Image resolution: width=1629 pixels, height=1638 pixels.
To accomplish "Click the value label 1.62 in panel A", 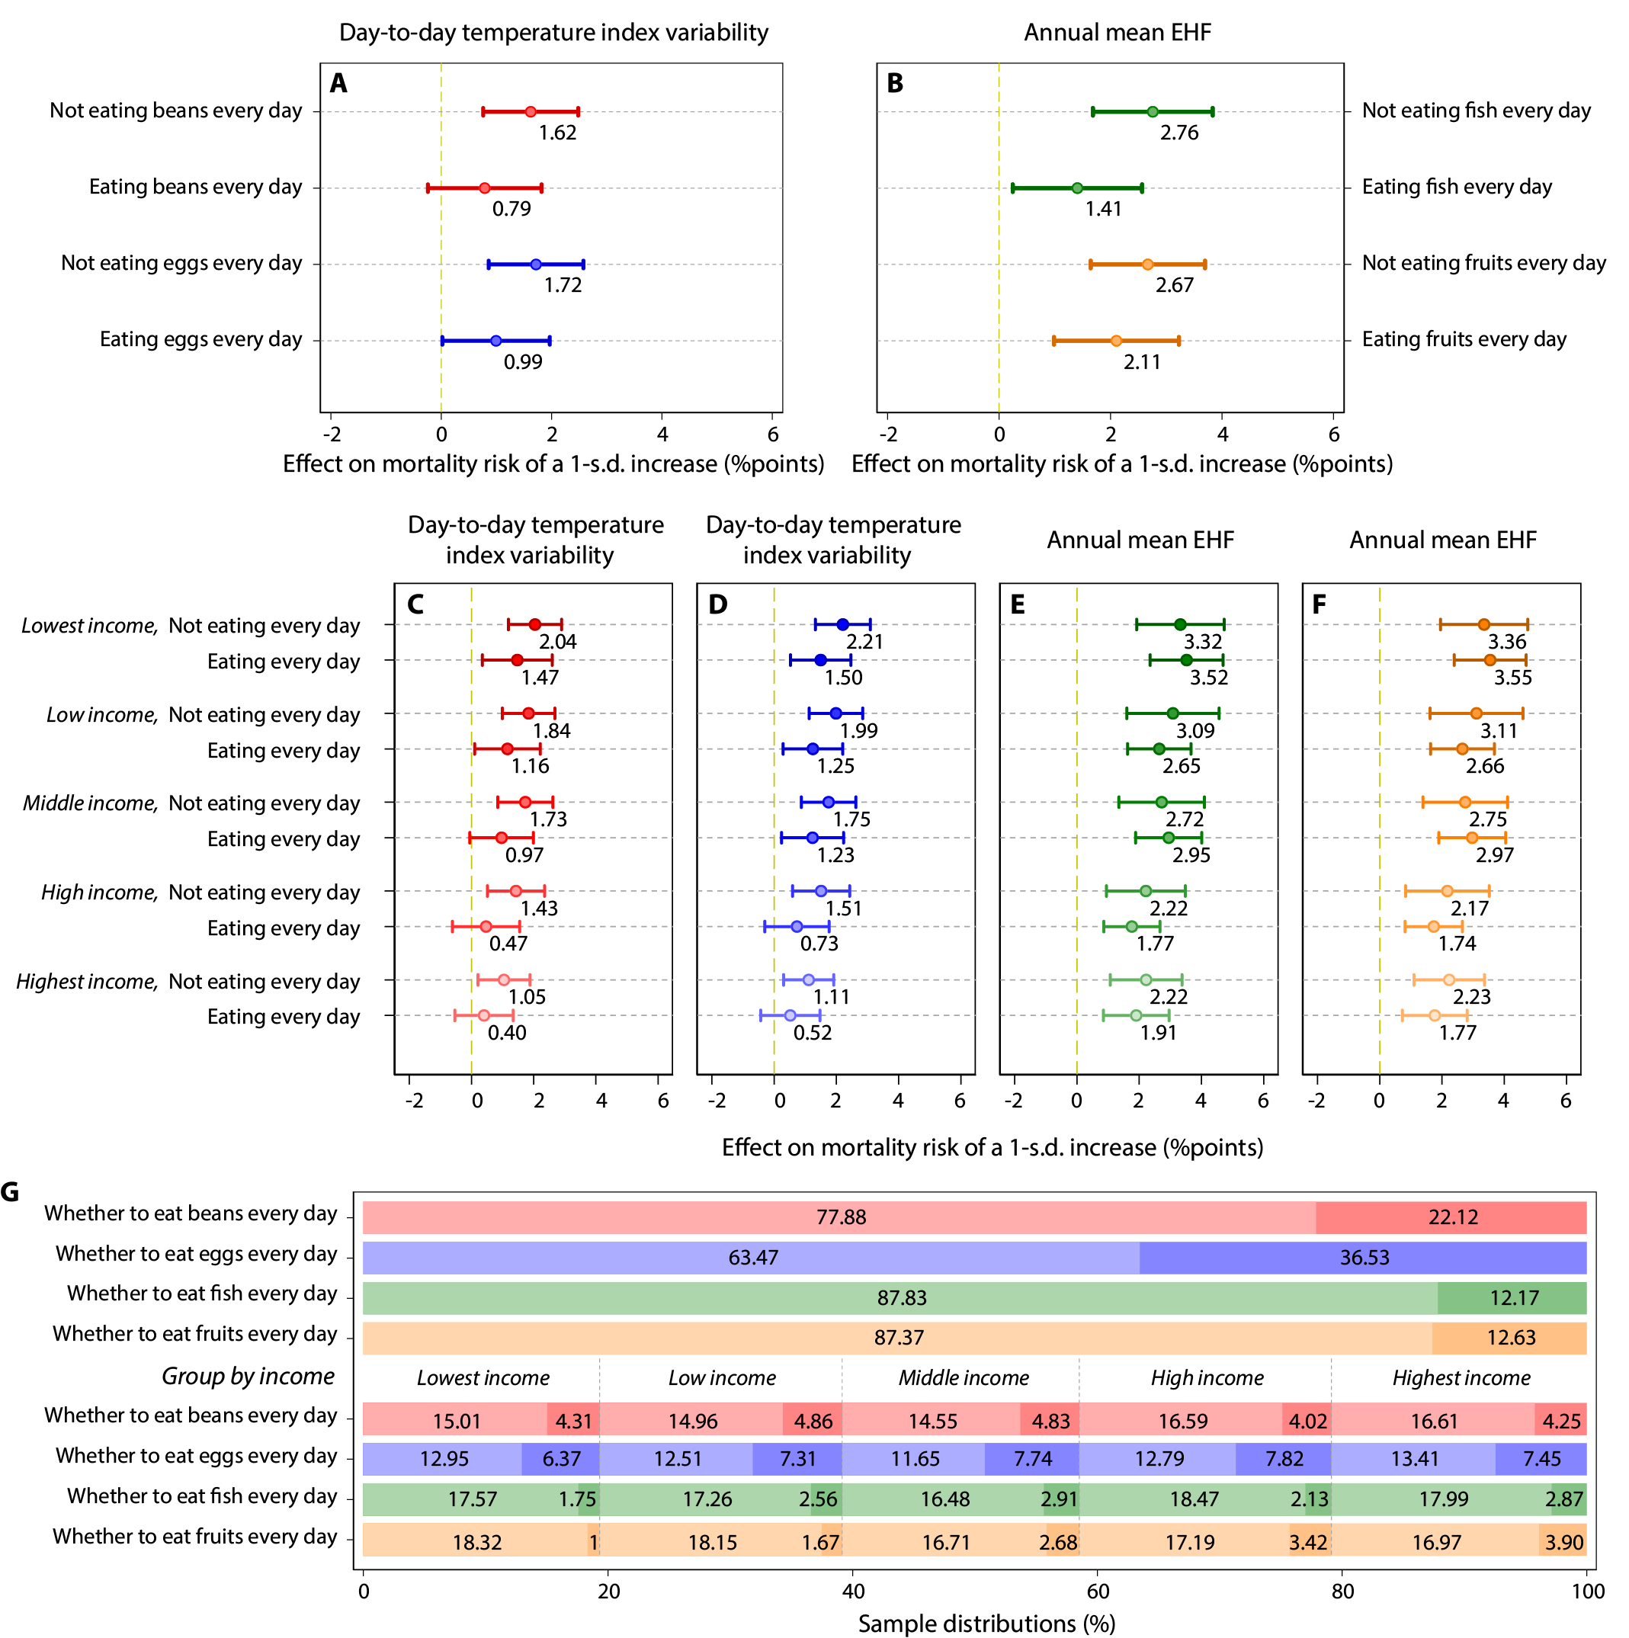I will (x=557, y=133).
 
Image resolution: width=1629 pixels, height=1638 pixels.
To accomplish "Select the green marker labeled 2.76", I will (x=1152, y=112).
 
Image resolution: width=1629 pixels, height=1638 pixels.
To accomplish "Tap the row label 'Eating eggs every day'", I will (x=200, y=340).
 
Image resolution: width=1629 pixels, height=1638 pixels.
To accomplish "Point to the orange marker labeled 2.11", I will (x=1115, y=341).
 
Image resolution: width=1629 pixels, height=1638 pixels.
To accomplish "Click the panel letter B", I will (x=895, y=83).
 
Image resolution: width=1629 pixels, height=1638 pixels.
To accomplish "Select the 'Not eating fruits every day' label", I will (x=1483, y=264).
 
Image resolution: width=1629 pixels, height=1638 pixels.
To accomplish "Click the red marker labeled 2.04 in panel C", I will (x=534, y=625).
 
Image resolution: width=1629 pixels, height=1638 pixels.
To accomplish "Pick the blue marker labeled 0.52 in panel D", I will (x=790, y=1015).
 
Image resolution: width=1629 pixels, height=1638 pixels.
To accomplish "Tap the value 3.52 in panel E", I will (x=1208, y=678).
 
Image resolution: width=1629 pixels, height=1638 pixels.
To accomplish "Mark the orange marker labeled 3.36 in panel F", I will (x=1483, y=625).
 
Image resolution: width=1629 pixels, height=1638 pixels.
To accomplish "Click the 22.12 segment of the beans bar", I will (x=1451, y=1217).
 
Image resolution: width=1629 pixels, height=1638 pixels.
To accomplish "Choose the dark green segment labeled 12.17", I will (x=1511, y=1298).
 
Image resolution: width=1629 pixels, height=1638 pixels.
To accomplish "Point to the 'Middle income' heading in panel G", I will (x=964, y=1378).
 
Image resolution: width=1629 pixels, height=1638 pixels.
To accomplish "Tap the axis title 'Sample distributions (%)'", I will (x=986, y=1623).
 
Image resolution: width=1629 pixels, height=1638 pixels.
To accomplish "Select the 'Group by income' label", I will (x=248, y=1376).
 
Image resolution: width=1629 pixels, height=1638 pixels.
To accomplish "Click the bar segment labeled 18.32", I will (x=476, y=1541).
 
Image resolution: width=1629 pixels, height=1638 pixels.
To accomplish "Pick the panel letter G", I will (x=10, y=1192).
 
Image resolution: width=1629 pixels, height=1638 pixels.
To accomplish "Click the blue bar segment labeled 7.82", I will (x=1283, y=1459).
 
